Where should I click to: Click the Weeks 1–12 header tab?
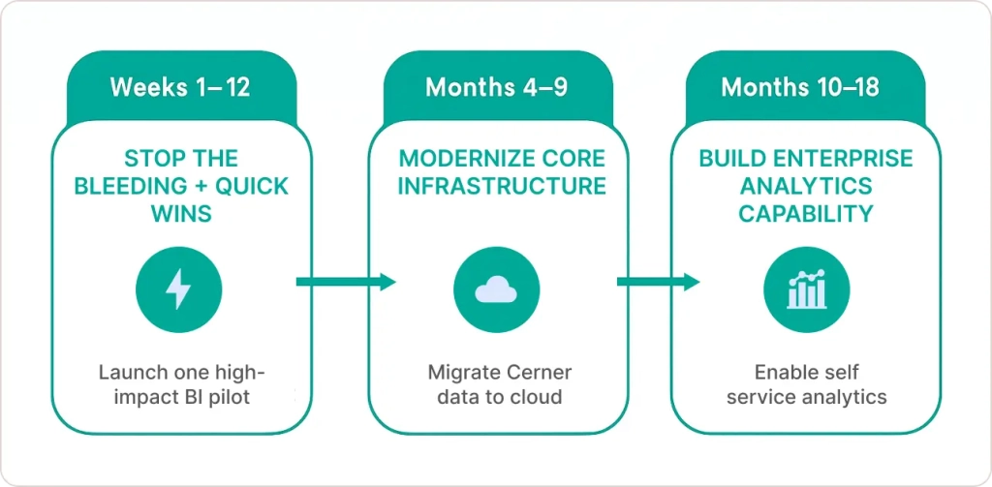(180, 87)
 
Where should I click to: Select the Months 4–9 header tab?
(496, 87)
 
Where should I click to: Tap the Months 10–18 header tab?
(800, 87)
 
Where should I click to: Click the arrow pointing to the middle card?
(346, 282)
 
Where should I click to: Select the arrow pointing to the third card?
(658, 282)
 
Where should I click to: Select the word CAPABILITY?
(806, 212)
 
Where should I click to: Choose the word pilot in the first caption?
(230, 398)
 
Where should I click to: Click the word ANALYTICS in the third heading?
(806, 185)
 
